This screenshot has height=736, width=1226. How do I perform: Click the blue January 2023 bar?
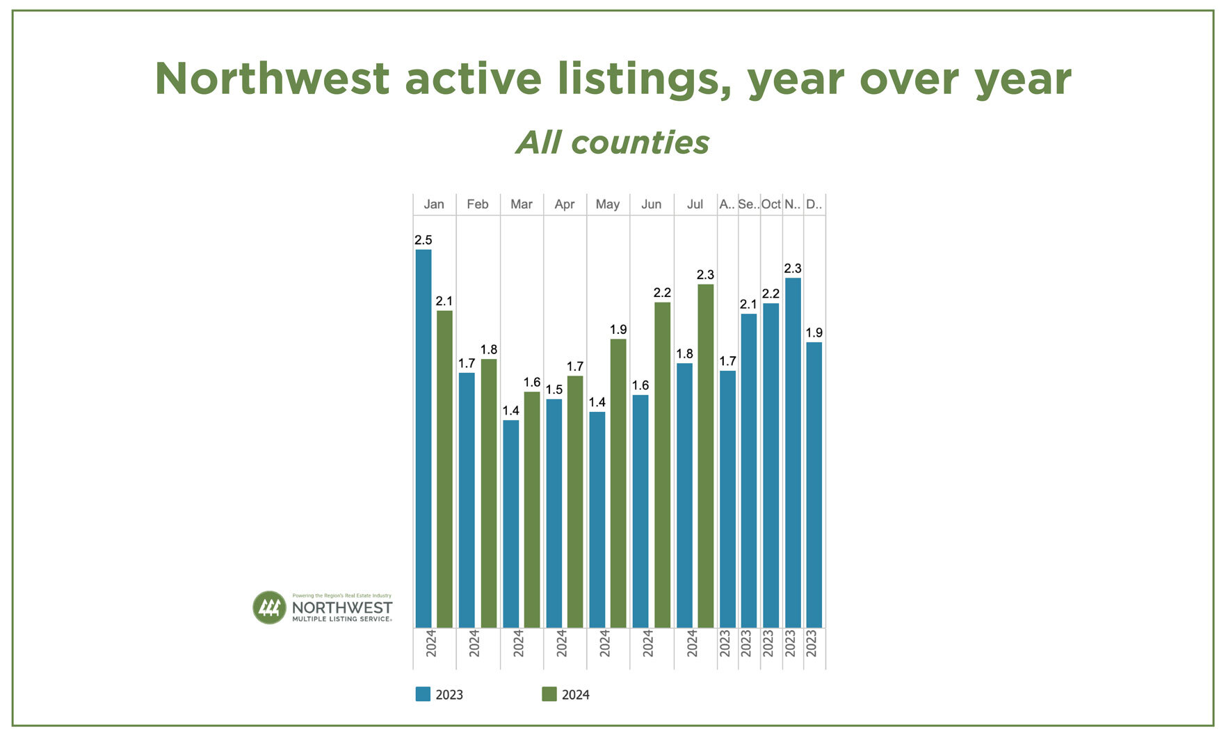423,438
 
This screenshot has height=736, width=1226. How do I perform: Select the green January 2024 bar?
444,469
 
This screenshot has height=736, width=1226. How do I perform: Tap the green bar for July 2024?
705,456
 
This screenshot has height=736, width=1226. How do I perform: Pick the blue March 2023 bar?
510,524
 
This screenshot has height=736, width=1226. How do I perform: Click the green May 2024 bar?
618,483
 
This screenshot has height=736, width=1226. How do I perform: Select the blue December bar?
814,485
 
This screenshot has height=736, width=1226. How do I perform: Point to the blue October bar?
771,465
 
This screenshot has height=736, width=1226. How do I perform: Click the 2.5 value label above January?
423,240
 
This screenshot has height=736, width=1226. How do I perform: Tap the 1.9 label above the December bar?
814,333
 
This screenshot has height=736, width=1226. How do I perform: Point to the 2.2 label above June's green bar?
662,293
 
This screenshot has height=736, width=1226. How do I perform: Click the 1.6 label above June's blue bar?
640,385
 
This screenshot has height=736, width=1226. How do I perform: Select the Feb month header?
477,204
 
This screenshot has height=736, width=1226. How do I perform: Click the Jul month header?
695,204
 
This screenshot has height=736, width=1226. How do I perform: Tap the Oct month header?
771,204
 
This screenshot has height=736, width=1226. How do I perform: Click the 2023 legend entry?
439,694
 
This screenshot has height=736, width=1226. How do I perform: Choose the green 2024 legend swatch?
549,694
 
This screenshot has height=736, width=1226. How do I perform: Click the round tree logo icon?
269,608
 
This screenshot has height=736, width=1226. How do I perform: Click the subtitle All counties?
612,143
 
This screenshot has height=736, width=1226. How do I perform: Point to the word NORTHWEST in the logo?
341,607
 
